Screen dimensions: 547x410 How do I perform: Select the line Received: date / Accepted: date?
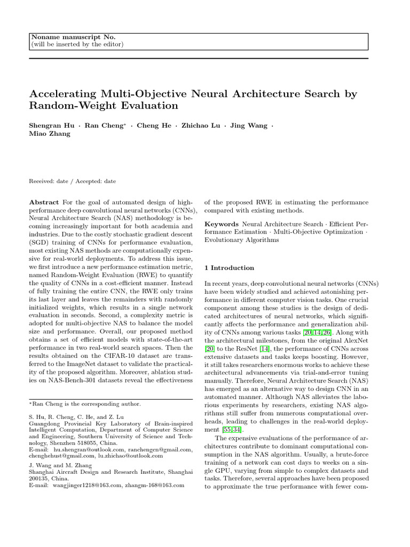tap(73, 181)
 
